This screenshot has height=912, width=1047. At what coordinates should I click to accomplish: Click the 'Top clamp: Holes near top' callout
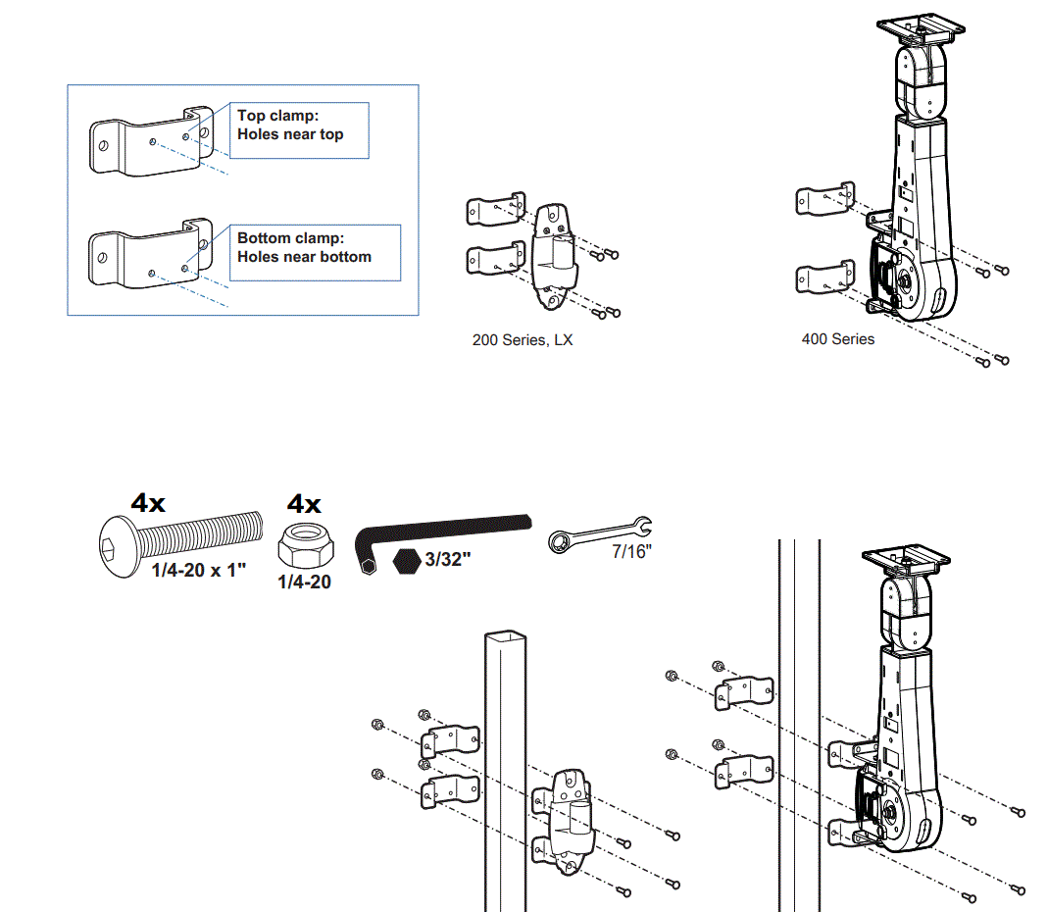[x=300, y=129]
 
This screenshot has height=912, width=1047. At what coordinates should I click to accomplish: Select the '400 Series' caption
[x=837, y=339]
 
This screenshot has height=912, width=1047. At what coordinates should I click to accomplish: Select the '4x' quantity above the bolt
[x=149, y=504]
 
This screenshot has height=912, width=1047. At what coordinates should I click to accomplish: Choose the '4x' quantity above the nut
[x=304, y=504]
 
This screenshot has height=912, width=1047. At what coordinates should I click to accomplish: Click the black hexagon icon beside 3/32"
[x=405, y=563]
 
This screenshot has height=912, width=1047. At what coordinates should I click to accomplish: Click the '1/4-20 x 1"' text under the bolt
[x=200, y=571]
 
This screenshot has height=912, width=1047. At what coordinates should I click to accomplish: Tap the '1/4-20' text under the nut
[x=304, y=582]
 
